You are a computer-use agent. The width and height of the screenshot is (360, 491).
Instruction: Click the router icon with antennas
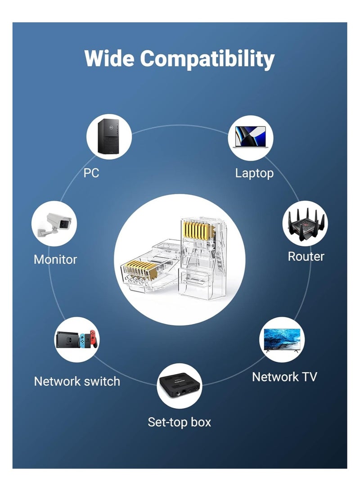pos(305,223)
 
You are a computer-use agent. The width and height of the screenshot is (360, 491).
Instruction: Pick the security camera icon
pos(54,223)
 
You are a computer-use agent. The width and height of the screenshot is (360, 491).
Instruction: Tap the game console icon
pos(77,340)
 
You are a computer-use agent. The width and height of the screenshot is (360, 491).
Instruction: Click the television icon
pos(283,340)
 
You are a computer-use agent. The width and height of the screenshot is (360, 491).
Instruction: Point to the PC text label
pos(91,173)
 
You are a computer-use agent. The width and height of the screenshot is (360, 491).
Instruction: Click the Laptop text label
pos(254,173)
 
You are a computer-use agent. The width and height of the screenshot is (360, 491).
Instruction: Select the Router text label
pos(306,257)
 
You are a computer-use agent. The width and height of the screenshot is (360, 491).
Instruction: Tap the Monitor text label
pos(55,259)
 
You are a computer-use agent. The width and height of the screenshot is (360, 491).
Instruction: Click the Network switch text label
pos(77,381)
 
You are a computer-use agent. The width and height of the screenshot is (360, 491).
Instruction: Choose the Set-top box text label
pos(180,422)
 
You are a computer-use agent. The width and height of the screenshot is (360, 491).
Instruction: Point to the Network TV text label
pos(284,377)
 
